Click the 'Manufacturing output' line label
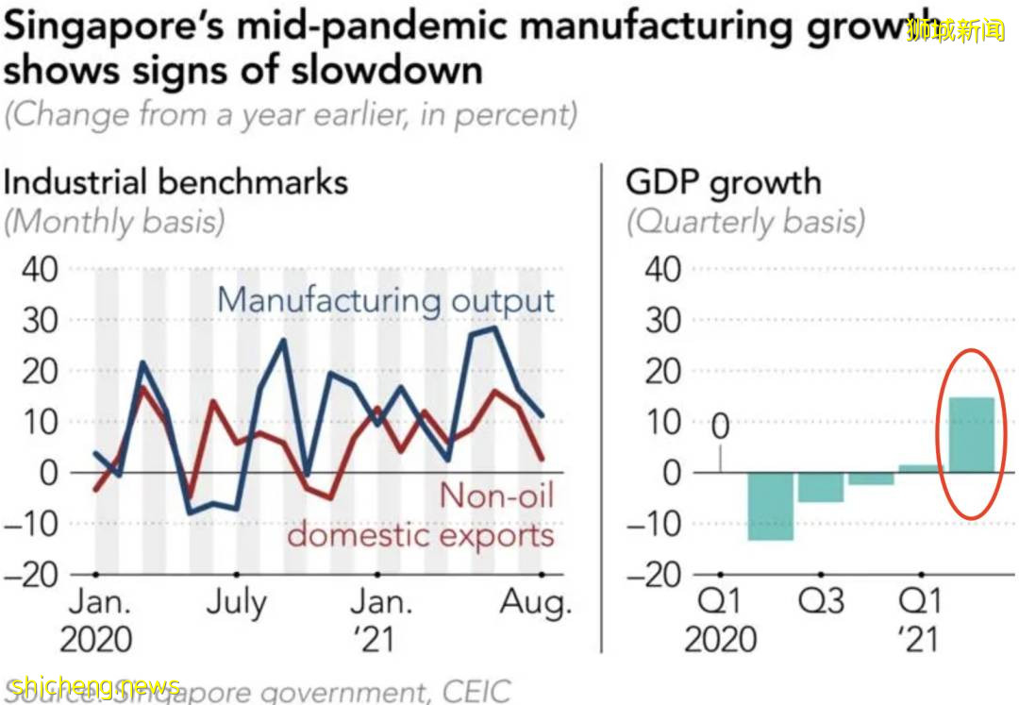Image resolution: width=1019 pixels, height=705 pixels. [386, 301]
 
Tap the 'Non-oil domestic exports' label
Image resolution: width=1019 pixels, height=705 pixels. [421, 516]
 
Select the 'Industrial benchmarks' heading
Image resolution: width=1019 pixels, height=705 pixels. [175, 181]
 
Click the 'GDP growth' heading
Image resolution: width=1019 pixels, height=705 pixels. [723, 181]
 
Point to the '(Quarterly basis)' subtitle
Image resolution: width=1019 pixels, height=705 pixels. [744, 222]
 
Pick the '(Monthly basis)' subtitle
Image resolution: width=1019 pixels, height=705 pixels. [114, 222]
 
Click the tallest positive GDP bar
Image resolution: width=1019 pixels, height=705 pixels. [971, 435]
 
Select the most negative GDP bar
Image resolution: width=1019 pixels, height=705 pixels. [770, 506]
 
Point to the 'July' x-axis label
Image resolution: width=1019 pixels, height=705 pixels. [235, 603]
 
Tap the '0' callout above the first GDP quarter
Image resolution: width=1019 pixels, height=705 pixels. [720, 427]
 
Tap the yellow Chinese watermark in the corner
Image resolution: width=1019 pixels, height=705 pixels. [954, 31]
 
